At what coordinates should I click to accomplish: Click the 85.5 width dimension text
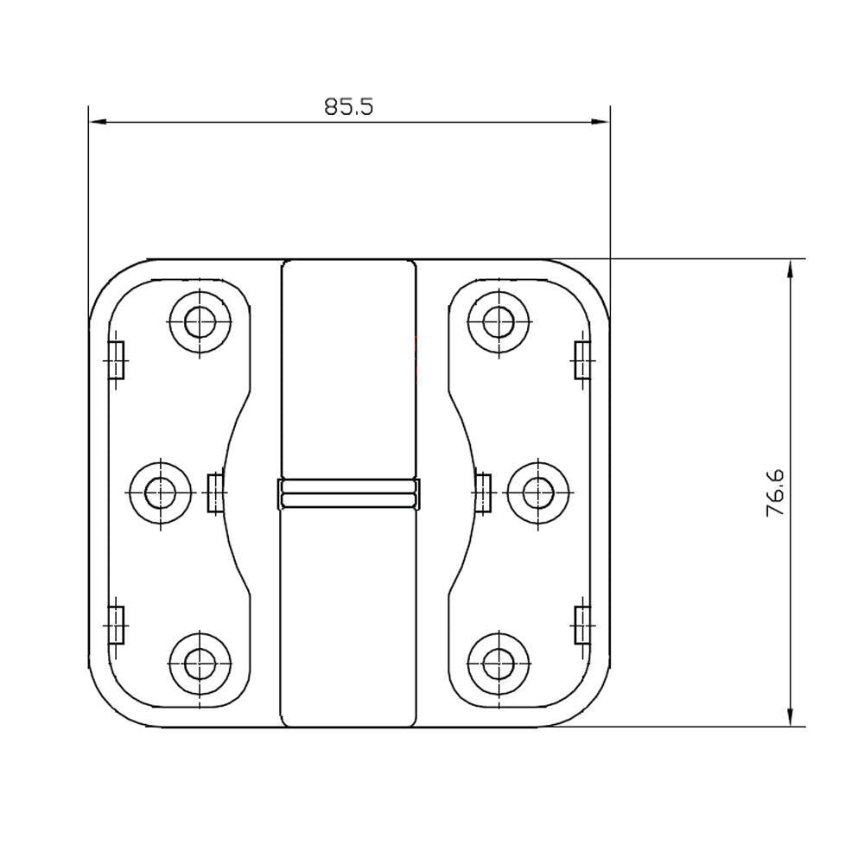(x=349, y=106)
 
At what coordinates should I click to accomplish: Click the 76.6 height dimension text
(x=774, y=493)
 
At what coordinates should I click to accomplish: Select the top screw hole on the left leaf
(x=200, y=322)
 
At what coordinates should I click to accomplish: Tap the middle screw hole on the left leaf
(x=161, y=492)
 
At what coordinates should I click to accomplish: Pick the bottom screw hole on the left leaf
(x=200, y=664)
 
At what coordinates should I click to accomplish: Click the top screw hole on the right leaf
(x=499, y=322)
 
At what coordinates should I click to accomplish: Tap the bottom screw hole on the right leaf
(x=499, y=664)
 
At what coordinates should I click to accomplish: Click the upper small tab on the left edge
(x=116, y=359)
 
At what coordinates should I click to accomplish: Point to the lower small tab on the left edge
(x=116, y=625)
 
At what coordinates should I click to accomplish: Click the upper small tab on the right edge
(x=583, y=359)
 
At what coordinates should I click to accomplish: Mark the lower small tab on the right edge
(x=583, y=625)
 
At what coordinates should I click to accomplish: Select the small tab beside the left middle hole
(x=214, y=492)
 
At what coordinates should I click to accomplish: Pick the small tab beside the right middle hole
(x=483, y=492)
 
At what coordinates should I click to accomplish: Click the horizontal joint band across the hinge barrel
(x=348, y=493)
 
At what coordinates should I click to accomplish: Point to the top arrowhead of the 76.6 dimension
(x=791, y=268)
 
